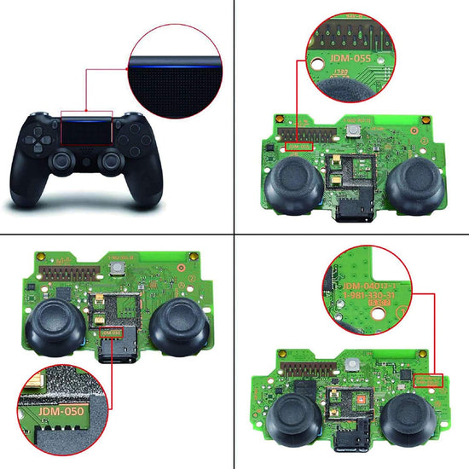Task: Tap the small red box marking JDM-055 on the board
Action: (x=300, y=147)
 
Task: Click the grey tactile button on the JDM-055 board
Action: (x=352, y=130)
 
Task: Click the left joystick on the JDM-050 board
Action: (x=52, y=325)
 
